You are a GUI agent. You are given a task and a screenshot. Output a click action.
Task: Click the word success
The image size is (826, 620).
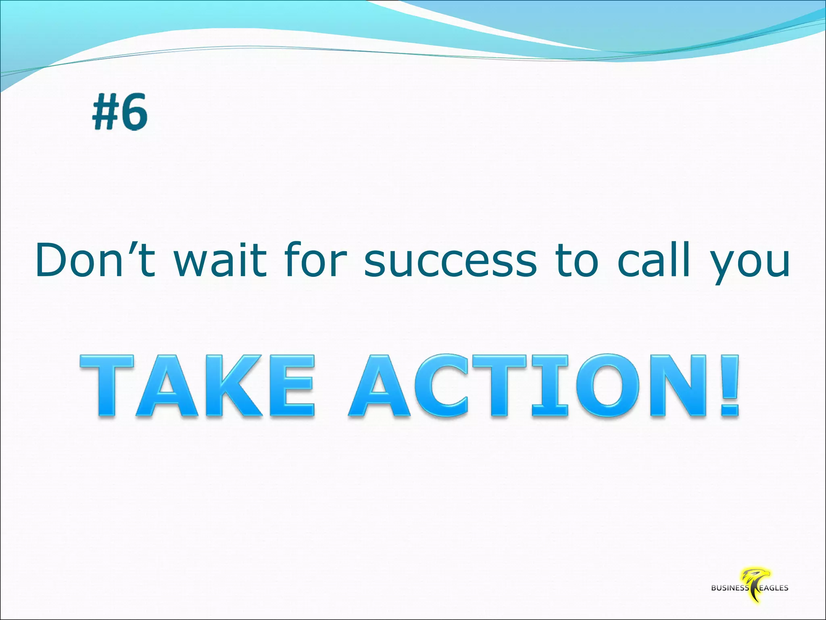[451, 260]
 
